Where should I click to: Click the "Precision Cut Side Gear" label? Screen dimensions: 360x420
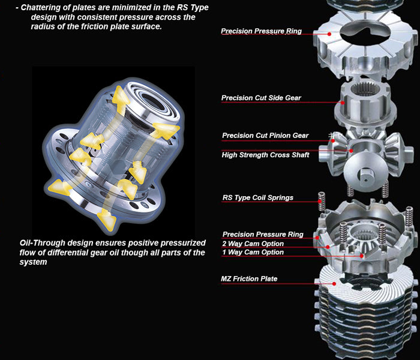[x=261, y=98]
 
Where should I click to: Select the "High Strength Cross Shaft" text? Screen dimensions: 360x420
[x=265, y=155]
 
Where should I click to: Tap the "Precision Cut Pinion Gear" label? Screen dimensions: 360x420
[x=265, y=136]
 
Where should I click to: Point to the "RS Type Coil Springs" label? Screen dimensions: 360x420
[x=257, y=197]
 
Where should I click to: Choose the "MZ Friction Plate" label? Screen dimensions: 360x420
[x=249, y=279]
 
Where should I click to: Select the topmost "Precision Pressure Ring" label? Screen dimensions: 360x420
[x=261, y=31]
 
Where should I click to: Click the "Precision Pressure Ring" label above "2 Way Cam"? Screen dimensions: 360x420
[x=263, y=235]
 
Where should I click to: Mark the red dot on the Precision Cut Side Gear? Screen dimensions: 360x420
[x=343, y=103]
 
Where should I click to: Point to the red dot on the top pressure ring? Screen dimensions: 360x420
[x=329, y=34]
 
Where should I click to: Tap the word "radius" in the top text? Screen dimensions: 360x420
[x=44, y=27]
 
